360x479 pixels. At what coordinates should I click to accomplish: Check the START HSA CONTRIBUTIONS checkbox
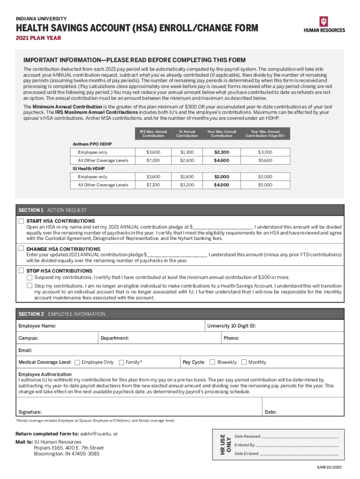tap(21, 221)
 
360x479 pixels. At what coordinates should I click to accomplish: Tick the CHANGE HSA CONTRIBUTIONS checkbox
tap(21, 248)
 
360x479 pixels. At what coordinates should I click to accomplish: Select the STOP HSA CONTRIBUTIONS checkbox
tap(21, 271)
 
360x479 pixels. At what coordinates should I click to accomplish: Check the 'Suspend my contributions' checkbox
tap(29, 277)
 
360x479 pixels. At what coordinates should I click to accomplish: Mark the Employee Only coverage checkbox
tap(77, 362)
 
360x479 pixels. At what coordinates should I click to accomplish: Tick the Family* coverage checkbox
tap(122, 362)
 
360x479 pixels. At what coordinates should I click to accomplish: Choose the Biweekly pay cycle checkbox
tap(212, 362)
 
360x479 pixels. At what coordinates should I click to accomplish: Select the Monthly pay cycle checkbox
tap(244, 362)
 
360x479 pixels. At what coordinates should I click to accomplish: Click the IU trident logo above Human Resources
tap(324, 21)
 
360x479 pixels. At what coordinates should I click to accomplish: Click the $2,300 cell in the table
tap(221, 152)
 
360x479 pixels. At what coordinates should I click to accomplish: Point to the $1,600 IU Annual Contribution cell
tap(187, 177)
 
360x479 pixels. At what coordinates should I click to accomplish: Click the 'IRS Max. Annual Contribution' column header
tap(153, 134)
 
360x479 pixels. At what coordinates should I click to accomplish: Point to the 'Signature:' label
tap(30, 412)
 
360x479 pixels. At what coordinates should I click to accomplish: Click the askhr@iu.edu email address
tap(96, 434)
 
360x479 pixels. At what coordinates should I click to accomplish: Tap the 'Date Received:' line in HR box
tap(248, 436)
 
